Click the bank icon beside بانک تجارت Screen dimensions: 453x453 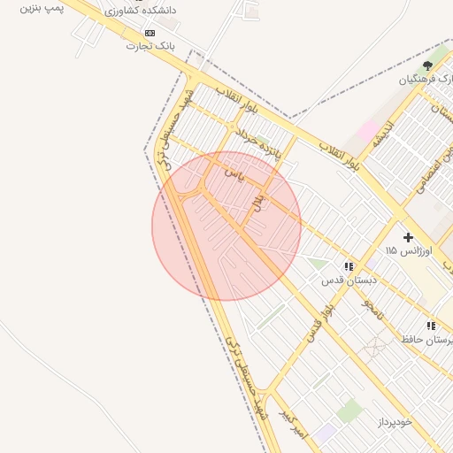pos(149,32)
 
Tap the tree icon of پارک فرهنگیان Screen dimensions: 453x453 pos(428,65)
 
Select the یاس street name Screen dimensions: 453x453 pos(234,173)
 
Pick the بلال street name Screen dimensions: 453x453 pos(259,202)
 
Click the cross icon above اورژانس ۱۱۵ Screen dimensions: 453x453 pos(408,237)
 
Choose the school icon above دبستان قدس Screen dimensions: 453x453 pos(349,265)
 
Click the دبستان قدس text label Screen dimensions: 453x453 pos(349,280)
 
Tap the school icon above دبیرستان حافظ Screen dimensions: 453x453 pos(431,326)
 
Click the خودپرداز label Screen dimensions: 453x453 pos(395,422)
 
